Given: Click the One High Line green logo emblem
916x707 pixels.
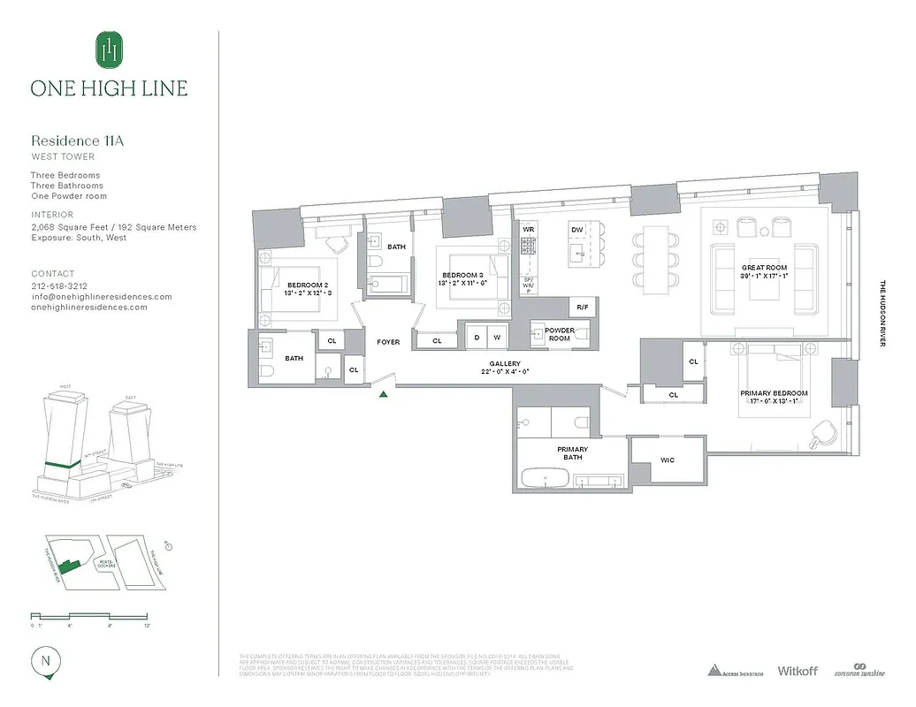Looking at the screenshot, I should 109,49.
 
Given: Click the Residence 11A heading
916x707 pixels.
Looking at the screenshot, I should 76,141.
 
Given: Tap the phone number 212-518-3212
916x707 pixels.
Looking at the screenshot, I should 59,286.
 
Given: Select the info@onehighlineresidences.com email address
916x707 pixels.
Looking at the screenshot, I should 102,297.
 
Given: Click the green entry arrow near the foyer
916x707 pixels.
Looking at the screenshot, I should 383,394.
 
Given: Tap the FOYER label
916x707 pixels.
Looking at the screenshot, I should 388,342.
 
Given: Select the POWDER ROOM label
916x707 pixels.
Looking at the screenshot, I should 559,335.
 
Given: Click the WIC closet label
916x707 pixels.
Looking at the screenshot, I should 668,460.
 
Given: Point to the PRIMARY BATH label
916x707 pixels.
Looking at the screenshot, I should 572,453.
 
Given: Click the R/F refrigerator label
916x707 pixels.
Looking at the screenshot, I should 582,307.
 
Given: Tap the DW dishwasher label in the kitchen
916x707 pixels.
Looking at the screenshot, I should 576,229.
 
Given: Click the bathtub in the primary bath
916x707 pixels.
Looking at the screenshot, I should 545,478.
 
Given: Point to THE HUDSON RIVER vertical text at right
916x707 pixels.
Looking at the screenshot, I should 882,314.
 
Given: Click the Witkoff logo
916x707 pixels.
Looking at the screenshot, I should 797,671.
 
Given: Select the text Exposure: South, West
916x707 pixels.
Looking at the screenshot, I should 79,238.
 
